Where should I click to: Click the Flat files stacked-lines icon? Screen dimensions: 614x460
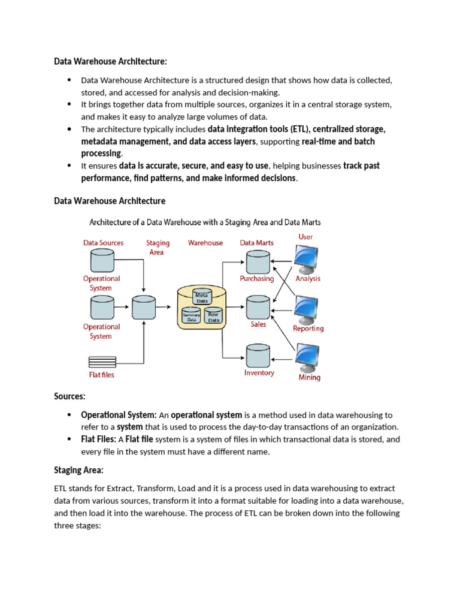[102, 362]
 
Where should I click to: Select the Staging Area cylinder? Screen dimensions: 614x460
[144, 308]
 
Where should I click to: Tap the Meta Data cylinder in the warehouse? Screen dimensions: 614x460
[201, 296]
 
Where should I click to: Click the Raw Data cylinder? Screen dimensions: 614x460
[212, 316]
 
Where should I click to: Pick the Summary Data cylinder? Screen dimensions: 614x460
[191, 317]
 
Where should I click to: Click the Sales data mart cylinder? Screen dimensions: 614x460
[258, 308]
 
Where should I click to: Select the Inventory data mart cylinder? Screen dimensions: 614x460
[258, 356]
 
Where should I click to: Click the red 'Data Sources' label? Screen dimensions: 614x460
[103, 243]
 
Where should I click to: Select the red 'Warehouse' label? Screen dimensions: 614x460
[205, 243]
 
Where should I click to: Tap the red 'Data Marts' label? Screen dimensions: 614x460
[256, 243]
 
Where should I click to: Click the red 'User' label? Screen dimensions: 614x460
[305, 237]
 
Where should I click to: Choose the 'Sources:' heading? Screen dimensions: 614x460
[69, 396]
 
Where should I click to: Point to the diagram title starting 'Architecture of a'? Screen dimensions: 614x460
[205, 222]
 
